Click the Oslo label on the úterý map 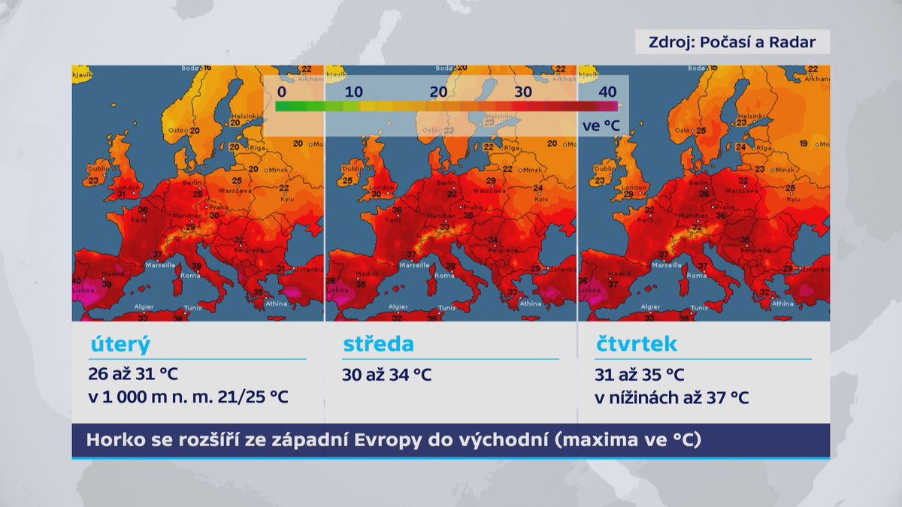[x=179, y=129]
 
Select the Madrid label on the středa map [x=367, y=274]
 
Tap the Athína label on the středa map [x=530, y=303]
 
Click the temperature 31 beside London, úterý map [x=120, y=195]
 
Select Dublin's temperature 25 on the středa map [x=347, y=181]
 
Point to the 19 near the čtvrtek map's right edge [x=804, y=143]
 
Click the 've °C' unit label [x=601, y=125]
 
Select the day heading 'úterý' [x=120, y=344]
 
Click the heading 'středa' [x=378, y=344]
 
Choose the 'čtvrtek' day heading [x=636, y=344]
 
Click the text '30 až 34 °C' [x=387, y=374]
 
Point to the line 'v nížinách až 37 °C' [x=671, y=398]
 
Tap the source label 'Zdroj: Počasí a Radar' [x=732, y=42]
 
